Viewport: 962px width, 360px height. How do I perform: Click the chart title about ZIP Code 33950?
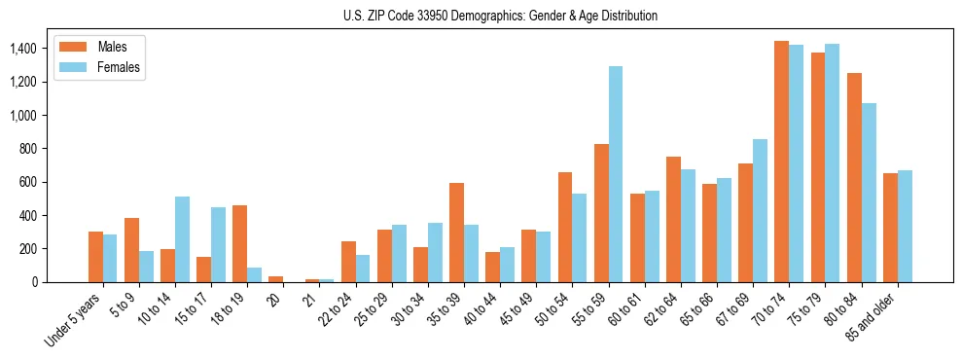[x=500, y=16]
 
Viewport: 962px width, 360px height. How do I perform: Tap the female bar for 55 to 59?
[x=616, y=174]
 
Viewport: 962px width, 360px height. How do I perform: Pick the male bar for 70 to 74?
[x=781, y=162]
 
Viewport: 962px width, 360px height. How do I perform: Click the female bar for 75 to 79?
[x=832, y=162]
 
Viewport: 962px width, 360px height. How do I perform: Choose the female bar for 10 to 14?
[x=182, y=239]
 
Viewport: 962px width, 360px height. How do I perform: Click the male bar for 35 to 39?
[x=456, y=233]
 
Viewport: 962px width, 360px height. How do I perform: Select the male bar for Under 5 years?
[x=95, y=257]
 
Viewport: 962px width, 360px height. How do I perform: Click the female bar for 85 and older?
[x=905, y=226]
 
